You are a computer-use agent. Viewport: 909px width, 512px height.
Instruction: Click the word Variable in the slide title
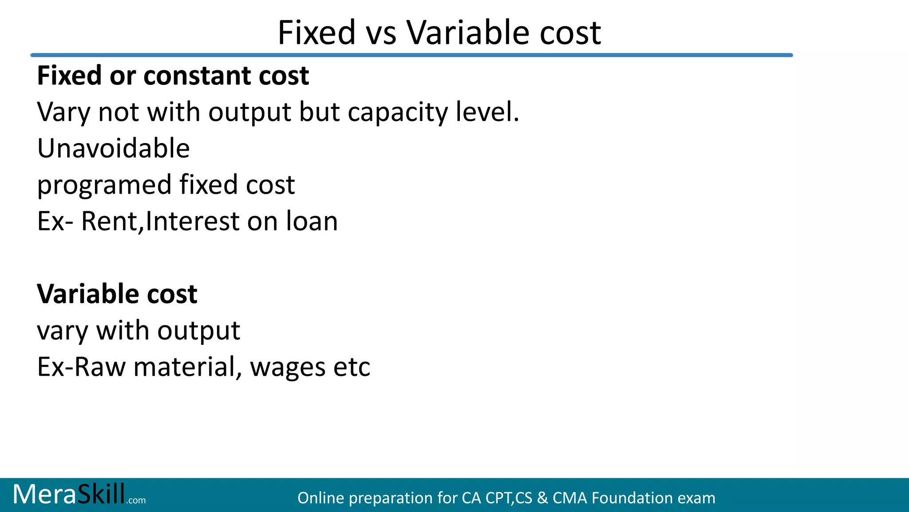click(x=468, y=33)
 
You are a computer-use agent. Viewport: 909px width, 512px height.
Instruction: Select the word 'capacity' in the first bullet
click(x=398, y=113)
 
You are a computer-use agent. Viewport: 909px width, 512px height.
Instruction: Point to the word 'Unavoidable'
click(x=114, y=148)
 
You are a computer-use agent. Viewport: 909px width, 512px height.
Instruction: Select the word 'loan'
click(x=312, y=221)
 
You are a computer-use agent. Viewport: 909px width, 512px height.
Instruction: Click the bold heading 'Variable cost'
click(x=117, y=294)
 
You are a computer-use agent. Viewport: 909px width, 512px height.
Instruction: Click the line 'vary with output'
click(x=138, y=331)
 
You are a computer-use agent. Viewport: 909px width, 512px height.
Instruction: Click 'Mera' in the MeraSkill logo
click(x=44, y=494)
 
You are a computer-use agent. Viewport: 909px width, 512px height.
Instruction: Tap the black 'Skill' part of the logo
click(x=101, y=494)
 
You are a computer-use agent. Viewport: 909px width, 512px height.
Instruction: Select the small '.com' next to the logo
click(x=136, y=500)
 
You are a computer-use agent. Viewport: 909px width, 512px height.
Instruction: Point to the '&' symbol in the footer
click(x=542, y=498)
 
